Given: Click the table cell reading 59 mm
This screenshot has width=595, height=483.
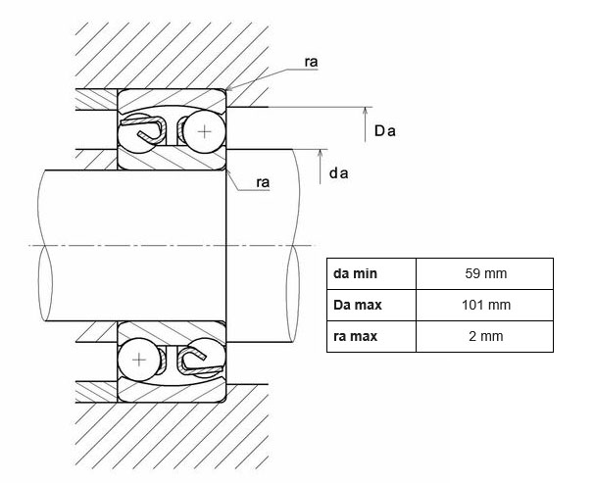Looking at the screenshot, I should coord(486,273).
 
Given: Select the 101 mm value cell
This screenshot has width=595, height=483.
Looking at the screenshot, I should coord(486,305).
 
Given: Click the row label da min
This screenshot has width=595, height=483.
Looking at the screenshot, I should coord(355,273).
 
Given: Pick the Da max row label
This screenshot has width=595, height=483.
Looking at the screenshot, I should coord(359,305).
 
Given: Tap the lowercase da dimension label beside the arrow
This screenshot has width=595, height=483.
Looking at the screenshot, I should coord(339,173).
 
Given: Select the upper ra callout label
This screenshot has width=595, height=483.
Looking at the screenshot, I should coord(311,62).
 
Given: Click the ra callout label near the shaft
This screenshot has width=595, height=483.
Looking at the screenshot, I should coord(263,181).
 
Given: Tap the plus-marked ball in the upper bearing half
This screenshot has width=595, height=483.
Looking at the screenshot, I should coord(205,130).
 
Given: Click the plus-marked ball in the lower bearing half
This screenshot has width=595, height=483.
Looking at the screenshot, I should coord(139,360).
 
